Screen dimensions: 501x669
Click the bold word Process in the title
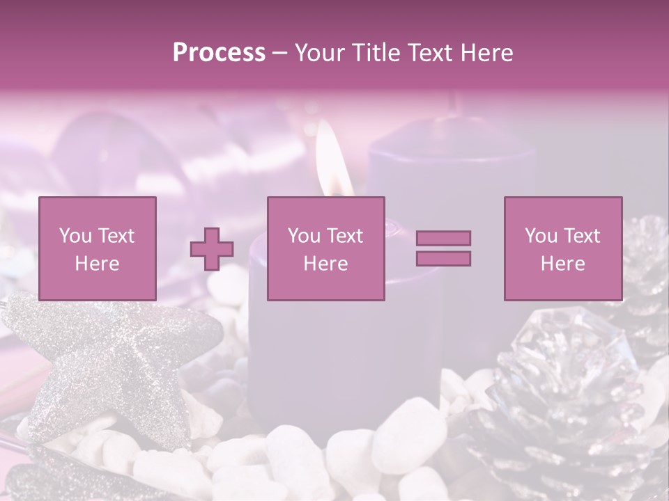pos(219,52)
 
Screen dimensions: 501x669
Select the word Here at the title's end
pos(485,52)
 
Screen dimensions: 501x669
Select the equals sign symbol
pos(443,248)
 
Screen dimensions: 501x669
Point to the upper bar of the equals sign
pos(443,238)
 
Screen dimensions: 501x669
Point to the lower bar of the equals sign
pos(443,258)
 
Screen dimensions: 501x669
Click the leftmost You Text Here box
pos(97,248)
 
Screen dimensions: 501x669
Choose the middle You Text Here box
pos(325,248)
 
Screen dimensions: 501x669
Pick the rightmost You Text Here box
pos(562,248)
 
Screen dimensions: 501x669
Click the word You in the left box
pos(75,236)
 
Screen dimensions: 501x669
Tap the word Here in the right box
pos(562,264)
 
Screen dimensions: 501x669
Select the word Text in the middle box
pos(345,236)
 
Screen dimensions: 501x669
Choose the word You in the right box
pos(540,236)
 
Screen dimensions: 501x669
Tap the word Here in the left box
pos(97,264)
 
